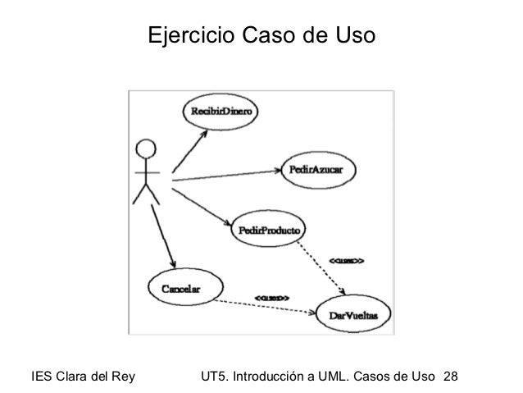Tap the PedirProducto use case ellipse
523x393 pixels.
(x=270, y=230)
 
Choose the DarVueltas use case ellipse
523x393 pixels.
(x=353, y=313)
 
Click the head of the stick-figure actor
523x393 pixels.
(x=146, y=149)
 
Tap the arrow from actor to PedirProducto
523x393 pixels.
(x=201, y=201)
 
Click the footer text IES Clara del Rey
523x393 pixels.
(x=82, y=377)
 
